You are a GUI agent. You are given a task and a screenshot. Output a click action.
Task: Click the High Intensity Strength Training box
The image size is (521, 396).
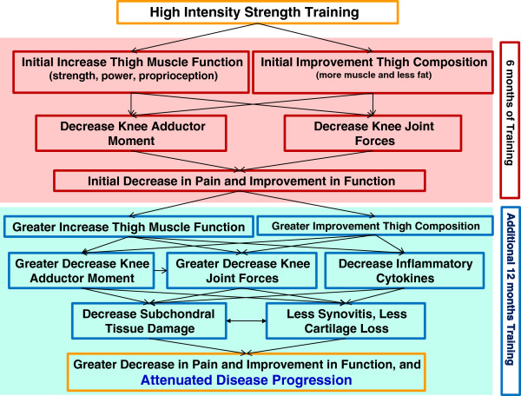click(258, 12)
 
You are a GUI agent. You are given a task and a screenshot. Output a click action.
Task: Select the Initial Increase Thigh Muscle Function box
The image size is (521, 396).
click(131, 72)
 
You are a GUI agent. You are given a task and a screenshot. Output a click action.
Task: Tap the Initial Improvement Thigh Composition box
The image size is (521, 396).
click(373, 72)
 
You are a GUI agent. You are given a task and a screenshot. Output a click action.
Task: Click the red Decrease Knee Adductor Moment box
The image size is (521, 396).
click(131, 133)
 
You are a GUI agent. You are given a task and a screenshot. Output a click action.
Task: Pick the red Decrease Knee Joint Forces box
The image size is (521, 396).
click(373, 133)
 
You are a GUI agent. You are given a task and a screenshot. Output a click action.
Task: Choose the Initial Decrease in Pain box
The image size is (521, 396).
click(240, 181)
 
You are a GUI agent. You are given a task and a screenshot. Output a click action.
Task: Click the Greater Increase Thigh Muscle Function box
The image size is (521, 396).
click(129, 227)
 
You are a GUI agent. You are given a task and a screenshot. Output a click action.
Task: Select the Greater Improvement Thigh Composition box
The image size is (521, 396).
click(375, 226)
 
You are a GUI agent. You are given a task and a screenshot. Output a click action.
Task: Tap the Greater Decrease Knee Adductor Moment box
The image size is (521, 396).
click(82, 270)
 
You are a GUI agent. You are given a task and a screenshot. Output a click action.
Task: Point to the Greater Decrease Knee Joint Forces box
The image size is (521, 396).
click(242, 270)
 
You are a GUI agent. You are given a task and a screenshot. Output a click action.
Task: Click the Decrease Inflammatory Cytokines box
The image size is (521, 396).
click(405, 270)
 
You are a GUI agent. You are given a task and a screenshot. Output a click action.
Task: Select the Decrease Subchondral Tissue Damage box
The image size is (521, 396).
click(149, 320)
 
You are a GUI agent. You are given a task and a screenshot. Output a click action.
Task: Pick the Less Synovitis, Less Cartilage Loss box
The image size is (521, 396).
click(346, 320)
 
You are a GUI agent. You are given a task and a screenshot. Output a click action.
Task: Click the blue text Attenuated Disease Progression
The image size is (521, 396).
click(247, 379)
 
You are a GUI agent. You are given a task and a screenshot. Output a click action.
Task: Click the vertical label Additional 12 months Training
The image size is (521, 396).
click(511, 289)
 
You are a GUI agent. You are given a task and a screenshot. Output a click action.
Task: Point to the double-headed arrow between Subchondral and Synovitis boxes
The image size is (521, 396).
click(247, 321)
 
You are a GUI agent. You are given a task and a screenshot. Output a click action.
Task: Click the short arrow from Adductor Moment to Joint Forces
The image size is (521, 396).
click(161, 270)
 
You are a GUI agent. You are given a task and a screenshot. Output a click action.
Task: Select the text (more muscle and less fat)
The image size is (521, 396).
click(373, 76)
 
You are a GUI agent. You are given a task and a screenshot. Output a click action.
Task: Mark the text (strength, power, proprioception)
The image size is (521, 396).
click(133, 76)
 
